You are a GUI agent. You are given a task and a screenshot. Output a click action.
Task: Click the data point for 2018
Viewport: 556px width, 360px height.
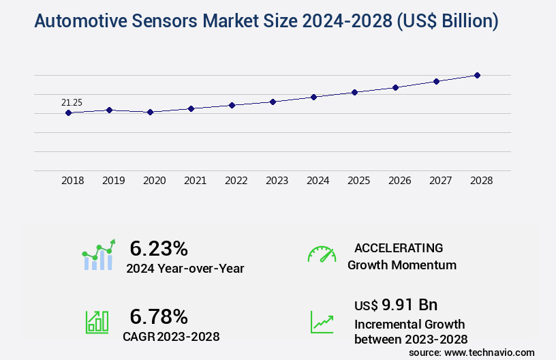pos(68,112)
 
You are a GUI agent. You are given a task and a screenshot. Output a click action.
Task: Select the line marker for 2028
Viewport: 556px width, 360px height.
pos(477,75)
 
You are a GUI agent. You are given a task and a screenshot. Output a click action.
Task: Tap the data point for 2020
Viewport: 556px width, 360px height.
pos(150,112)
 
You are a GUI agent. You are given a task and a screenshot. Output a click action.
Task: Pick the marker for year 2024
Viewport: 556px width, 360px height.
pos(313,97)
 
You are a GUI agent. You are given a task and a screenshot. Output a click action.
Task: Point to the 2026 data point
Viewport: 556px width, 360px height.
pos(395,87)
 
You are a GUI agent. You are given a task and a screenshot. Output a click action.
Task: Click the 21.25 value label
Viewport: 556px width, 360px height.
pos(72,103)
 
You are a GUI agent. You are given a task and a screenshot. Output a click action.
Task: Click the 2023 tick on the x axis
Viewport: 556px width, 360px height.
pos(277,181)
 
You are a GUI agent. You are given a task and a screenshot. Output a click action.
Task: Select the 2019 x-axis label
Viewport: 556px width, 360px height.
pos(113,181)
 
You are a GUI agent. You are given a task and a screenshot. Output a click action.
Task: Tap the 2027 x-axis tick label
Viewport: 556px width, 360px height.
pos(440,181)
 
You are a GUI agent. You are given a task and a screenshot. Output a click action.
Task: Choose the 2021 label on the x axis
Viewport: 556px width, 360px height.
pos(195,181)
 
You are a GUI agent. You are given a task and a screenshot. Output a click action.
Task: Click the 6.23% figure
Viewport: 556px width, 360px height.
pos(158,247)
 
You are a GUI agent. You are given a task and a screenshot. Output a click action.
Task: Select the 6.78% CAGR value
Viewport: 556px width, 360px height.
pos(158,316)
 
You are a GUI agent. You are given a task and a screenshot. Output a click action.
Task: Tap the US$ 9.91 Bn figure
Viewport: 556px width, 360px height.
pos(396,304)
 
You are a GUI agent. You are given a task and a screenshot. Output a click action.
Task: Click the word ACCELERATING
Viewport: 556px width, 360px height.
pos(399,247)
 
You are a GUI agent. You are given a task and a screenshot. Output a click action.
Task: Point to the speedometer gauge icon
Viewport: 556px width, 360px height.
pos(322,254)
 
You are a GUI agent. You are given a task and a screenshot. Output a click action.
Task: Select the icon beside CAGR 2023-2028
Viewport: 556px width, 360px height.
pos(97,322)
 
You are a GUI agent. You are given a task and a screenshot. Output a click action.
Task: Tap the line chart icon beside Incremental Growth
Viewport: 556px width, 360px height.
pos(322,322)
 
